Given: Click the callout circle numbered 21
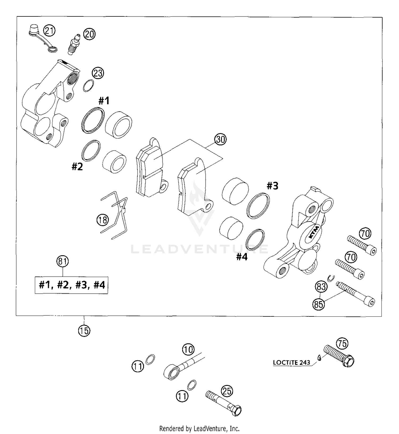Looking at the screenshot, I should pos(49,31).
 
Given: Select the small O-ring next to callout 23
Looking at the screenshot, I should pos(88,86).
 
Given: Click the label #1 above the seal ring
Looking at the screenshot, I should pos(104,101).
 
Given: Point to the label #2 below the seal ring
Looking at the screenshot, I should pos(77,167).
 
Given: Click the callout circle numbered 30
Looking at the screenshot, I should pos(221,139).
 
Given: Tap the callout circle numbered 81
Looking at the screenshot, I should pos(63,261).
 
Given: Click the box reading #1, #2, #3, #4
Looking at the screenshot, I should pos(72,285).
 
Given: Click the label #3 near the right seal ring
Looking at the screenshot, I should pos(272,186).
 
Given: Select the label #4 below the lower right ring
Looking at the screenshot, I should pos(242,257).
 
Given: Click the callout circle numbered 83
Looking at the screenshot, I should pos(321,287).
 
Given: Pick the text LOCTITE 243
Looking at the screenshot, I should pos(292,362).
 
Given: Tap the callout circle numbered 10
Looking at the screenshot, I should pos(188,349).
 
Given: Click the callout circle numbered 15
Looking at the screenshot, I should pos(84,331).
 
